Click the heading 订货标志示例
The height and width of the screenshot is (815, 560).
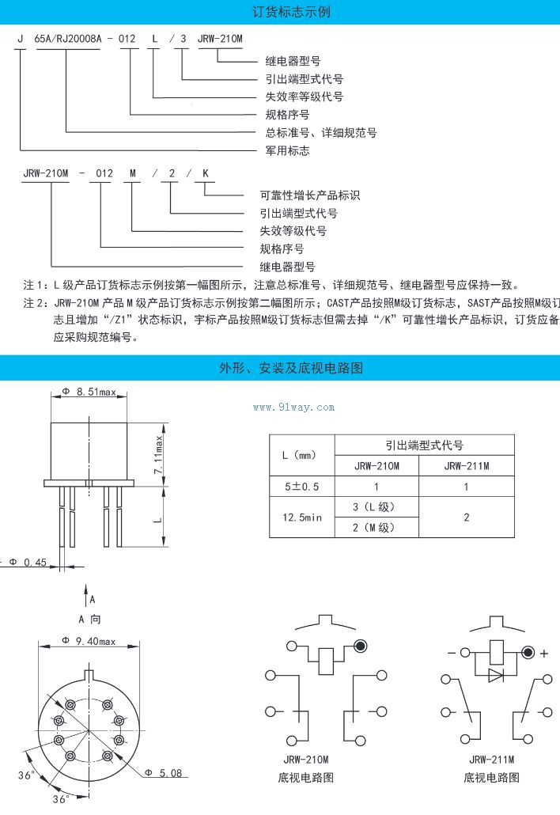(x=280, y=12)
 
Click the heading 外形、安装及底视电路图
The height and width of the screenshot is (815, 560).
(x=280, y=367)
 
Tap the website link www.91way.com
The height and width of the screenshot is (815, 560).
(x=293, y=407)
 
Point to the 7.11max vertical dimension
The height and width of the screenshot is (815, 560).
(x=159, y=453)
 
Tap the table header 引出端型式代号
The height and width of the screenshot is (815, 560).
(x=424, y=445)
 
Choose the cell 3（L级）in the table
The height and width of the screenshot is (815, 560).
(x=376, y=507)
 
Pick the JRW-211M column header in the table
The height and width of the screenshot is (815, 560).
(x=466, y=466)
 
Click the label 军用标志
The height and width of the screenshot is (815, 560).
(x=287, y=150)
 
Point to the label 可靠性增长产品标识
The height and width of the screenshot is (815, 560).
(x=310, y=195)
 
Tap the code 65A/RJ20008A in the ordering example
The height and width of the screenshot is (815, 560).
(x=66, y=38)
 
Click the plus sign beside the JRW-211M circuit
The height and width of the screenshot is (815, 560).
(x=544, y=654)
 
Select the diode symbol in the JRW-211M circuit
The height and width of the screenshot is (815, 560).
(x=495, y=675)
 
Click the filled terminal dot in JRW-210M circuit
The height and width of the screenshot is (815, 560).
(x=360, y=646)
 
